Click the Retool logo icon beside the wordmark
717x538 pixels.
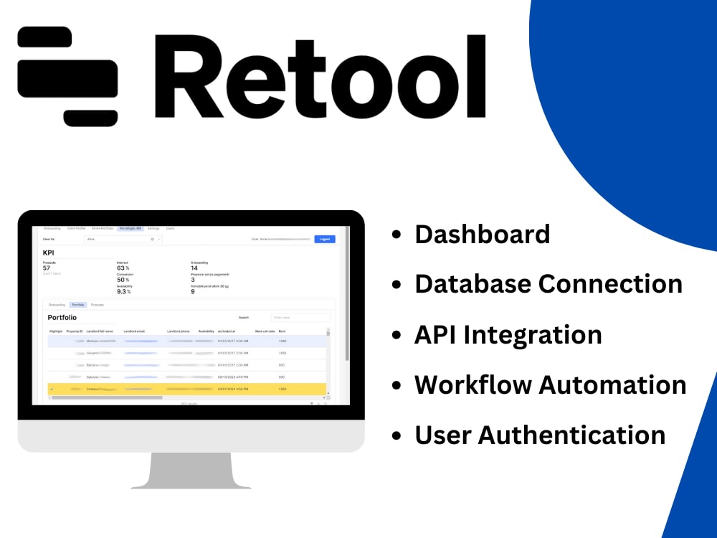pyautogui.click(x=67, y=76)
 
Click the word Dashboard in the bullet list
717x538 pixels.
pyautogui.click(x=482, y=234)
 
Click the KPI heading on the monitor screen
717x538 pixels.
pyautogui.click(x=49, y=253)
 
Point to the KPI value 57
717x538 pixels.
pyautogui.click(x=47, y=268)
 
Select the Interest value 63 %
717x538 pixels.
pyautogui.click(x=122, y=268)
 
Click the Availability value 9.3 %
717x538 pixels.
pyautogui.click(x=123, y=292)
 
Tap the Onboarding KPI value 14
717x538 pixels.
pyautogui.click(x=194, y=268)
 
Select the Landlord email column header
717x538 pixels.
pyautogui.click(x=134, y=331)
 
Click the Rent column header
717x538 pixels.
pyautogui.click(x=282, y=331)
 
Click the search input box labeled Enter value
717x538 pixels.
pyautogui.click(x=300, y=317)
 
